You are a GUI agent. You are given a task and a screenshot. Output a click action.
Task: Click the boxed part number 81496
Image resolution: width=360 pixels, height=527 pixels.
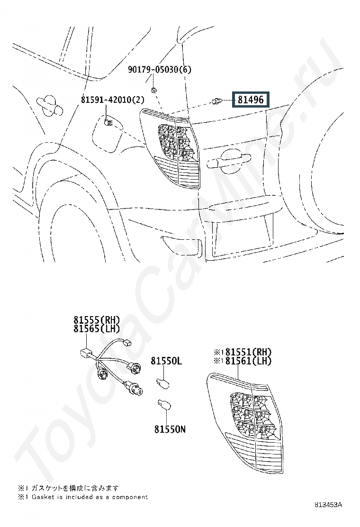pyautogui.click(x=251, y=100)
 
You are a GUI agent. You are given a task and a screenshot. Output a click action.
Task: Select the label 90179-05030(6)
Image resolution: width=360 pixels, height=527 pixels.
pyautogui.click(x=160, y=70)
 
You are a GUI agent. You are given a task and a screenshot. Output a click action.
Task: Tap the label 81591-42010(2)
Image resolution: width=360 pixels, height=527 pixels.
pyautogui.click(x=112, y=100)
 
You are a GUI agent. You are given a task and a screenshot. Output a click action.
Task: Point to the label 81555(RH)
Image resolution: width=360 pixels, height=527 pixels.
pyautogui.click(x=97, y=319)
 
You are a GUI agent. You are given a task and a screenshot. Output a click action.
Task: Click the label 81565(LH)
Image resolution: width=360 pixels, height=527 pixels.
pyautogui.click(x=97, y=328)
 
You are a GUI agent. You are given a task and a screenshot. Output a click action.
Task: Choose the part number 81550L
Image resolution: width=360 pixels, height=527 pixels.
pyautogui.click(x=166, y=361)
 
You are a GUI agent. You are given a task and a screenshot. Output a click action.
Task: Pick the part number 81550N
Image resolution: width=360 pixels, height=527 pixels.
pyautogui.click(x=170, y=429)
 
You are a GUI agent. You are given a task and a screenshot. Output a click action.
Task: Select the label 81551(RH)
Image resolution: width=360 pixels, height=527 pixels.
pyautogui.click(x=249, y=352)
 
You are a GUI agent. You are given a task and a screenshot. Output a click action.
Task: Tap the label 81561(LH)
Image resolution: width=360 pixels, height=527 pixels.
pyautogui.click(x=249, y=361)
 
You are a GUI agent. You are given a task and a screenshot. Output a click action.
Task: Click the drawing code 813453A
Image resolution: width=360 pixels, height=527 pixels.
pyautogui.click(x=328, y=504)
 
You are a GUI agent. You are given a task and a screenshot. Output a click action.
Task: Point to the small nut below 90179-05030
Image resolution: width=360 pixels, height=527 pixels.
pyautogui.click(x=153, y=90)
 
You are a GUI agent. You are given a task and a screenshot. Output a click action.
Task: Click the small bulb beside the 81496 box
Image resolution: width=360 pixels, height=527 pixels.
pyautogui.click(x=216, y=100)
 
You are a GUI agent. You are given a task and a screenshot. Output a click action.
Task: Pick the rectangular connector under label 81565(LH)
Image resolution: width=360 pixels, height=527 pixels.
pyautogui.click(x=86, y=353)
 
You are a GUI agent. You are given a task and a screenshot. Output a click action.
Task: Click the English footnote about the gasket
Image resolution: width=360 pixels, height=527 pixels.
pyautogui.click(x=83, y=497)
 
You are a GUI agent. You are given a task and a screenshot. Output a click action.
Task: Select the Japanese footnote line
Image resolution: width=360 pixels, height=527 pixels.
pyautogui.click(x=69, y=488)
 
